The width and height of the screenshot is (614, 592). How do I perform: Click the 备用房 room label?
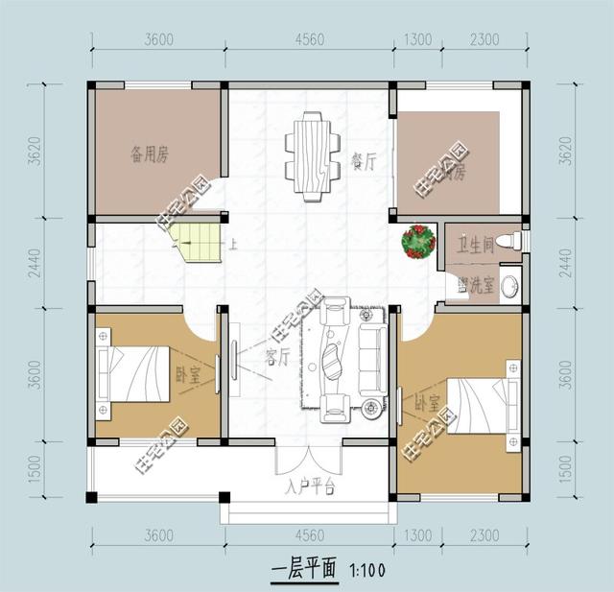149,152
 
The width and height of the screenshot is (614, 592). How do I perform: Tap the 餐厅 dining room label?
363,160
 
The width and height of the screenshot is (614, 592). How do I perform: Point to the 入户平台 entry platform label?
308,486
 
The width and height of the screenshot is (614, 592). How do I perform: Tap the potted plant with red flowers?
418,242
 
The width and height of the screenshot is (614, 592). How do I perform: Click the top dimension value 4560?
308,39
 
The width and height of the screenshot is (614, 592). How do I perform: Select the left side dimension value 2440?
36,261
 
